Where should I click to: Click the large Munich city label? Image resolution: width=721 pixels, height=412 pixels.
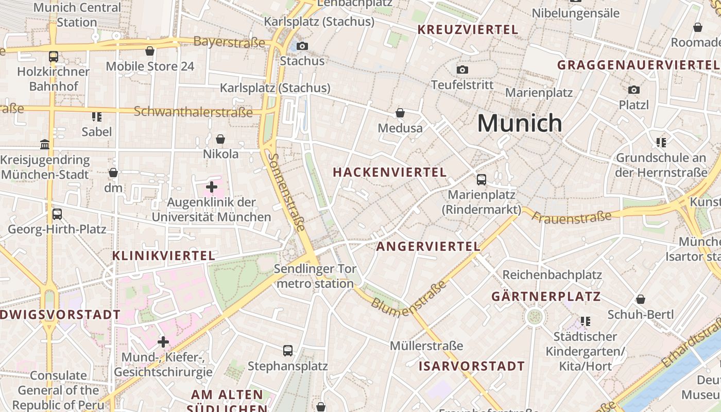pyautogui.click(x=520, y=123)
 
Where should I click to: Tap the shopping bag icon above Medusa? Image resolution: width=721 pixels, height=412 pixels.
pyautogui.click(x=400, y=113)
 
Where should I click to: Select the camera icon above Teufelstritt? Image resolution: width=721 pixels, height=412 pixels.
pyautogui.click(x=462, y=70)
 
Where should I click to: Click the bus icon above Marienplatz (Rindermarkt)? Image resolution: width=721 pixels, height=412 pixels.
pyautogui.click(x=482, y=179)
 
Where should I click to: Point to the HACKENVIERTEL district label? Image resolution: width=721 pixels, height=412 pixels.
pyautogui.click(x=390, y=173)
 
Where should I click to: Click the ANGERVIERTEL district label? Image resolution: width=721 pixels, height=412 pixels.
pyautogui.click(x=428, y=247)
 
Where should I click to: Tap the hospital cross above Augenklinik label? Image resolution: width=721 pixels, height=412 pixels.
pyautogui.click(x=212, y=187)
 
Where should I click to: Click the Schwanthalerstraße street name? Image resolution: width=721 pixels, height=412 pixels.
pyautogui.click(x=193, y=112)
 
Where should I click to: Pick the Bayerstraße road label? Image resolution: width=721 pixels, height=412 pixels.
pyautogui.click(x=230, y=42)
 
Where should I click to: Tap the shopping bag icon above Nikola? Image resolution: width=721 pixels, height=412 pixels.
pyautogui.click(x=220, y=139)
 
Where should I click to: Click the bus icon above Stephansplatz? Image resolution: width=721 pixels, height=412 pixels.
pyautogui.click(x=288, y=351)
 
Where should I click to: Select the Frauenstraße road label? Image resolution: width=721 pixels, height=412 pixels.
pyautogui.click(x=572, y=217)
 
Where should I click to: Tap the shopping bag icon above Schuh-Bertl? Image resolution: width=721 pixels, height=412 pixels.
pyautogui.click(x=641, y=299)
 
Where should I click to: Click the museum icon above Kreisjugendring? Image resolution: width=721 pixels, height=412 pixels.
pyautogui.click(x=45, y=145)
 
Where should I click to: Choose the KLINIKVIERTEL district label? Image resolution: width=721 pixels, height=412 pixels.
pyautogui.click(x=164, y=255)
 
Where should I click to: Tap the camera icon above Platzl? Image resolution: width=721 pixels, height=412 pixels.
pyautogui.click(x=634, y=90)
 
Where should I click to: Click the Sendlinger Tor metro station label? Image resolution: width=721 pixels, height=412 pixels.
pyautogui.click(x=315, y=276)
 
